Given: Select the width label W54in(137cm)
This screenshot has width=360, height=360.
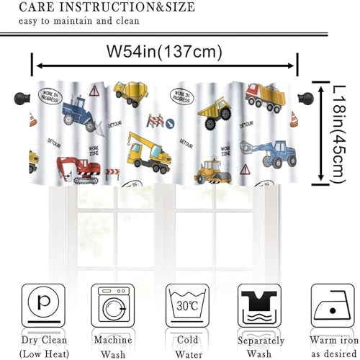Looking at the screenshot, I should [164, 52].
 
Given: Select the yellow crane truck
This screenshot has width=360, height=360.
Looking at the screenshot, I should [148, 151].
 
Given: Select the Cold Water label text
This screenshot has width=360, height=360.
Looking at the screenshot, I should [187, 346].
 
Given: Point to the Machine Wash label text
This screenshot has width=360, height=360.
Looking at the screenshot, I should [112, 346].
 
